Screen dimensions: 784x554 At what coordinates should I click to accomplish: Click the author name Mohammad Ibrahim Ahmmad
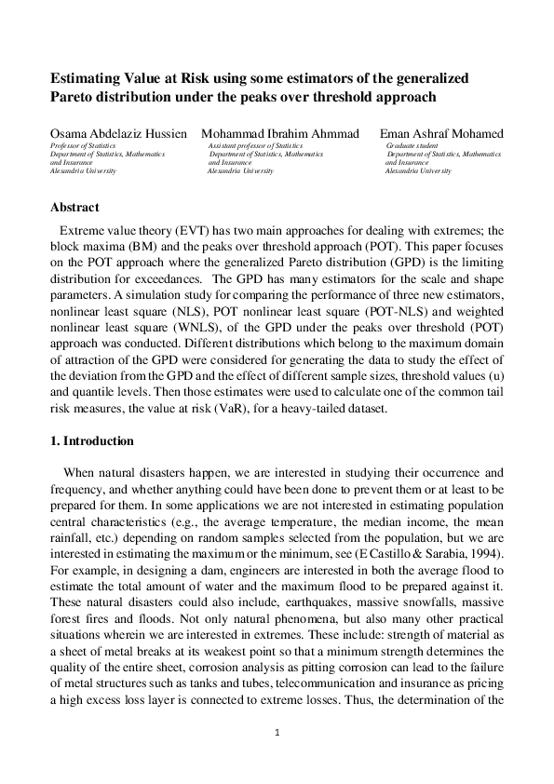pos(279,134)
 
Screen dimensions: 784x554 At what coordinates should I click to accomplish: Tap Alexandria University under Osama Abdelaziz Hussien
pos(82,171)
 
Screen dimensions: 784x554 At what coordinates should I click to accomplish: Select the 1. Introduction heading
pos(91,440)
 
